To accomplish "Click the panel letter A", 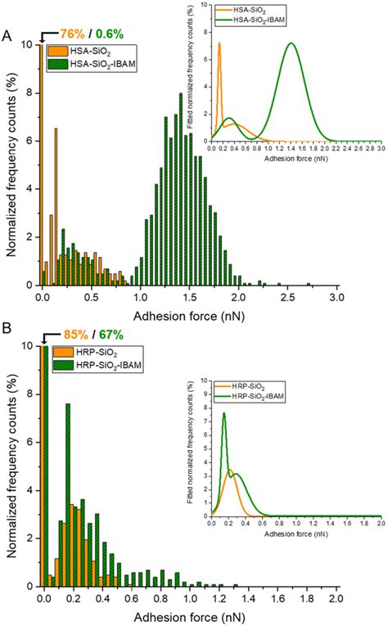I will pos(7,37).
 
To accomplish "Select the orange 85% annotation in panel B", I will pos(73,335).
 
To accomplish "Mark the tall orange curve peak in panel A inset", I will pos(219,43).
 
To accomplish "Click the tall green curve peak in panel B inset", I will pos(224,413).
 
